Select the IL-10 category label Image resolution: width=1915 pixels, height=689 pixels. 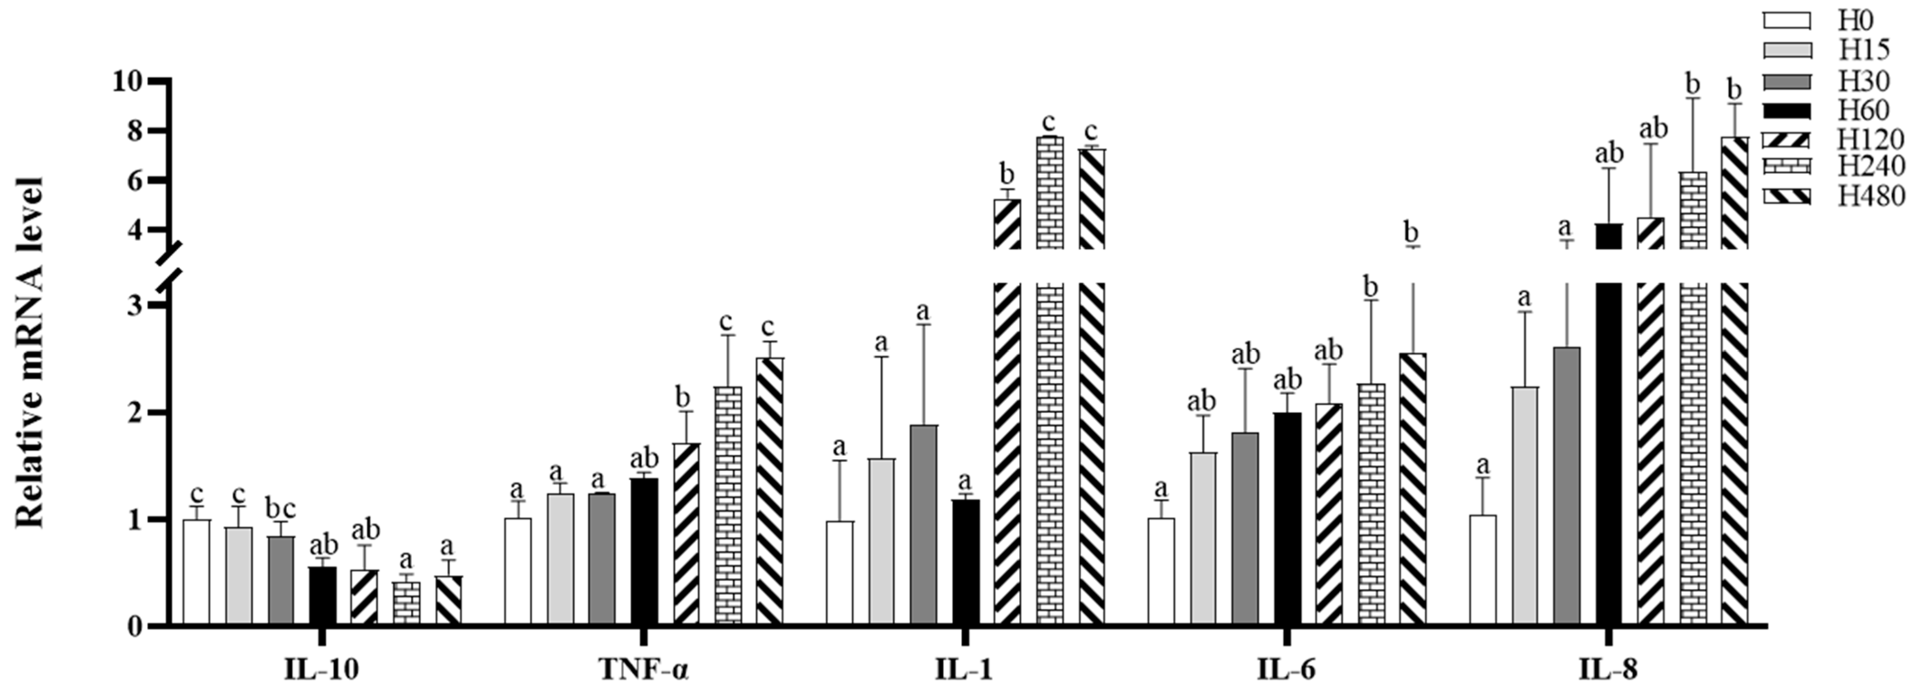point(321,670)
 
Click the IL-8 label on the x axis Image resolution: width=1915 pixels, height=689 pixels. point(1608,670)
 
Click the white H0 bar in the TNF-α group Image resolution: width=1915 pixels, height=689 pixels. point(518,573)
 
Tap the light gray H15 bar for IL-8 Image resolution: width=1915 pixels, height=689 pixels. point(1525,505)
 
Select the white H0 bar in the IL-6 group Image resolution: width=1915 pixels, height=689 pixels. point(1161,573)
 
